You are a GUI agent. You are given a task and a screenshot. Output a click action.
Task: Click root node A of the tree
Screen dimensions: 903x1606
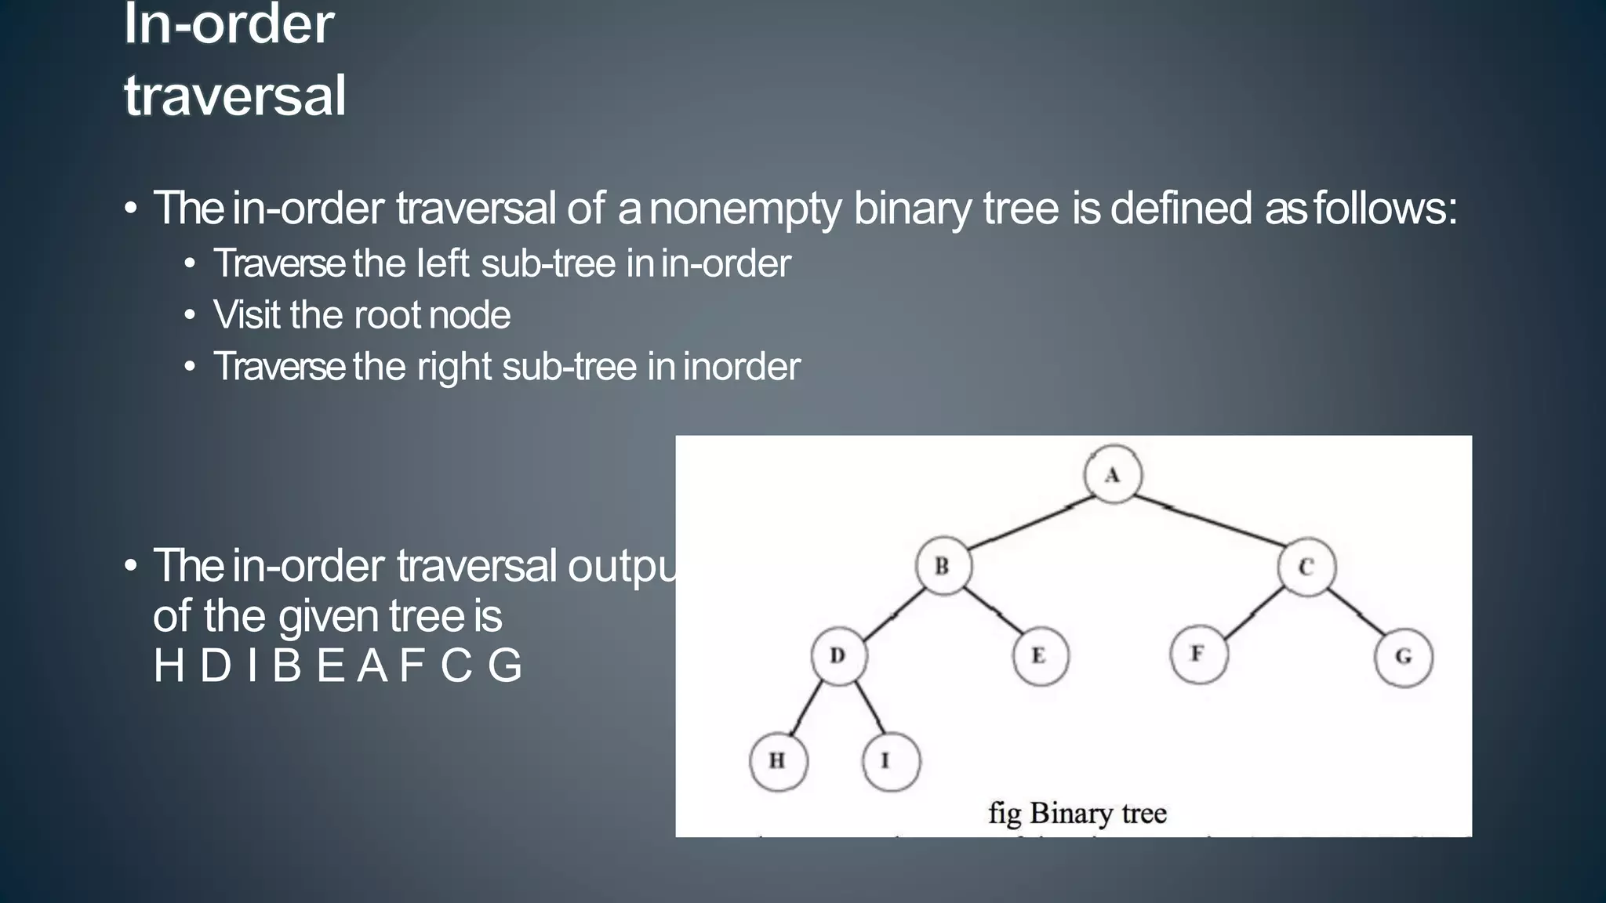click(x=1113, y=475)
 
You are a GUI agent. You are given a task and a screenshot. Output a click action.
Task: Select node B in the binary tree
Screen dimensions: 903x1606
click(x=943, y=566)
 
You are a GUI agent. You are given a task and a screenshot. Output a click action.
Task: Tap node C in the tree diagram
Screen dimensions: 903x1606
click(x=1306, y=567)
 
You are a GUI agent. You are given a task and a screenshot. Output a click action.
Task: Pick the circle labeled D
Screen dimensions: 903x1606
click(x=838, y=655)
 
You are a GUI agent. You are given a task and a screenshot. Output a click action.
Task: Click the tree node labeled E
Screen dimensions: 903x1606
click(x=1040, y=655)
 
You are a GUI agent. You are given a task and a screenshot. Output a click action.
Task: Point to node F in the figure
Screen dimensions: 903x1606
click(x=1198, y=654)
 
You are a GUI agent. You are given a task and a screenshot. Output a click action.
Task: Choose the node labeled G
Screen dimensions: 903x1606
click(x=1404, y=657)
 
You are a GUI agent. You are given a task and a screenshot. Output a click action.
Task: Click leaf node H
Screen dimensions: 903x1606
click(x=778, y=760)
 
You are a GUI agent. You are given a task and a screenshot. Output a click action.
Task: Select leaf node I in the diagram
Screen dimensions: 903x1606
click(x=890, y=760)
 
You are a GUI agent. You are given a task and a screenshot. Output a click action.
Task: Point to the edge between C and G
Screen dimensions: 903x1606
click(x=1357, y=611)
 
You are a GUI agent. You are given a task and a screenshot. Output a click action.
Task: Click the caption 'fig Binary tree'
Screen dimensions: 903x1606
click(x=1077, y=813)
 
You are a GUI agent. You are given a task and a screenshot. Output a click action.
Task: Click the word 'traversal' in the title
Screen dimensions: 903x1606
click(x=234, y=96)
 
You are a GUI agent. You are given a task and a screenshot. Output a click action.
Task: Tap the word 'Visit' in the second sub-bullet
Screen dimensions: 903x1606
click(x=245, y=315)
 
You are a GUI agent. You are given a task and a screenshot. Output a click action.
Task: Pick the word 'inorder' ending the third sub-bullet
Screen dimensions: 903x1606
click(x=741, y=367)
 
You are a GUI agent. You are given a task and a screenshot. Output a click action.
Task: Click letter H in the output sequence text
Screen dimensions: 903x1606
click(x=169, y=666)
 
